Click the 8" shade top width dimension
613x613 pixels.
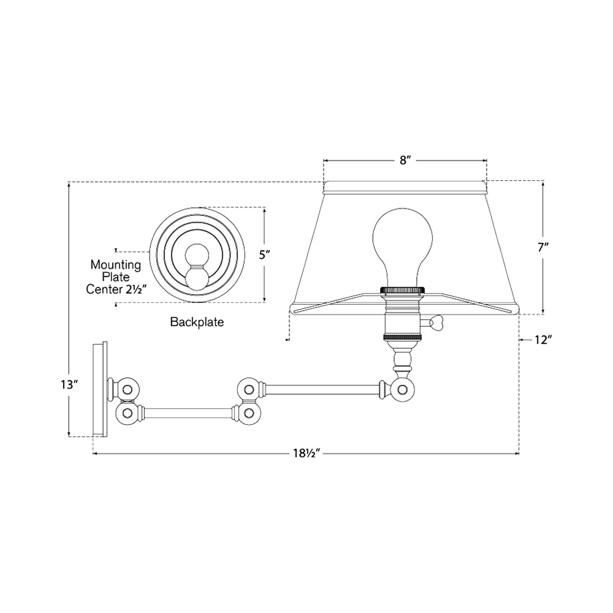(403, 161)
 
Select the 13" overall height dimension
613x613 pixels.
(69, 385)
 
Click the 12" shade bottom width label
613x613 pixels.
(543, 340)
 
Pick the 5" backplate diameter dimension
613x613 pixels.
(265, 255)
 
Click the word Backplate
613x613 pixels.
(197, 322)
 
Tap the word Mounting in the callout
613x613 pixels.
(116, 265)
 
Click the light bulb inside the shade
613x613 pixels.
(402, 247)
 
